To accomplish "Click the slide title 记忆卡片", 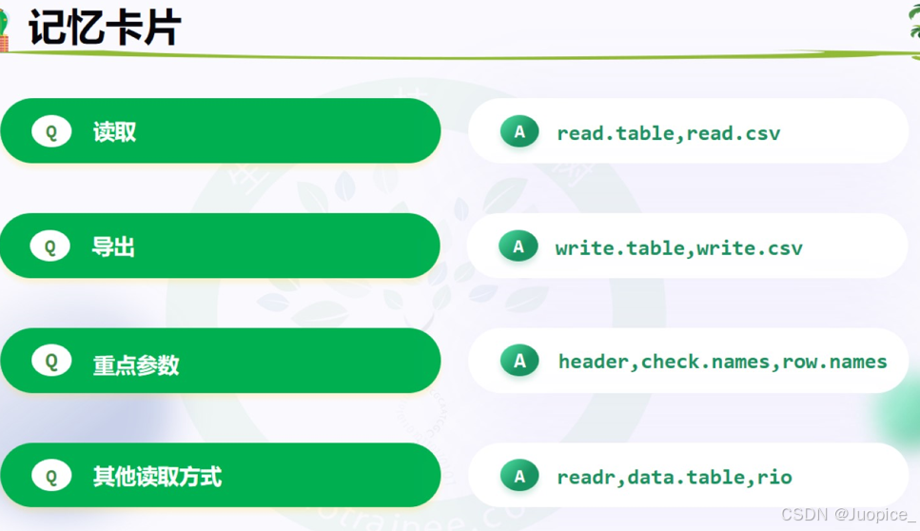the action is coord(104,28).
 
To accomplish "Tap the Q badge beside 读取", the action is coord(51,132).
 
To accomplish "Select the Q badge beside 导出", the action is coord(50,246).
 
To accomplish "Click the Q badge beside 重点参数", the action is coord(51,362).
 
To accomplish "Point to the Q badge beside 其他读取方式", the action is coord(51,476).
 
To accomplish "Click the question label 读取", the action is coord(114,132).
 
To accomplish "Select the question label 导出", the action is coord(113,247).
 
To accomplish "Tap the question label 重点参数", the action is coord(136,364).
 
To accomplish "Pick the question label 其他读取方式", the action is coord(157,477).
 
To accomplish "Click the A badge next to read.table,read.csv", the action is coord(519,132).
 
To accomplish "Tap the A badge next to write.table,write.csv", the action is coord(519,246).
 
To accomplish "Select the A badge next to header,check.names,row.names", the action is coord(519,361).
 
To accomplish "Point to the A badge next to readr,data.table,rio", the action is coord(519,476).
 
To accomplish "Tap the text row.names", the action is coord(834,362).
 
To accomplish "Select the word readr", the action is coord(586,477).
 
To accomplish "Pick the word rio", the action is coord(774,477).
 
